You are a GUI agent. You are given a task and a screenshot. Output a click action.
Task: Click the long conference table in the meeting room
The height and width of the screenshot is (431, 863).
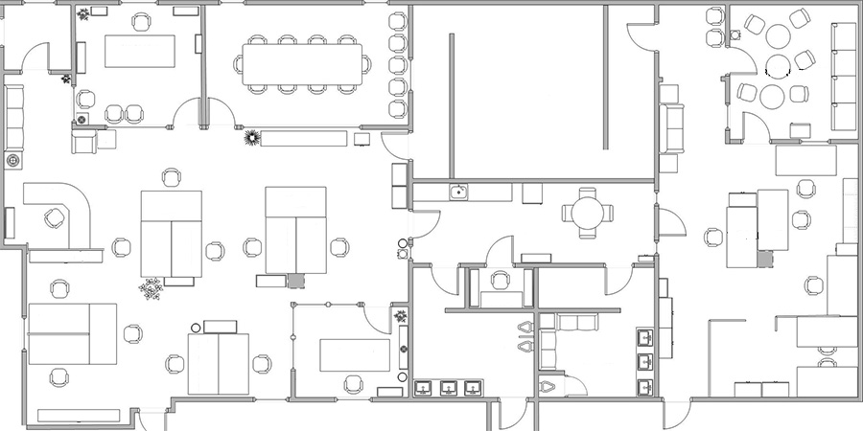point(301,64)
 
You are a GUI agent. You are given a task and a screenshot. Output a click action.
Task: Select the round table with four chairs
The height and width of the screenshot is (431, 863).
point(585,211)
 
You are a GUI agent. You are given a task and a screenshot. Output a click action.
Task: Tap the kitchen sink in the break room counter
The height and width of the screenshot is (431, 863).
point(459,193)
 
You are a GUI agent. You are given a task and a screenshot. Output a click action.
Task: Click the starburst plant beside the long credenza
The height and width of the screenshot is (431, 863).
point(252,138)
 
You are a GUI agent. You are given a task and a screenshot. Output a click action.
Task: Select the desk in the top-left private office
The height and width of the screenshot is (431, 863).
point(140,51)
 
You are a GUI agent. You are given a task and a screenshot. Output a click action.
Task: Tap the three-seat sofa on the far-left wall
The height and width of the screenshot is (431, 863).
point(14,115)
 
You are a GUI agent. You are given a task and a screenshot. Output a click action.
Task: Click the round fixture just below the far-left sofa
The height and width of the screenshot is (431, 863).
point(13,160)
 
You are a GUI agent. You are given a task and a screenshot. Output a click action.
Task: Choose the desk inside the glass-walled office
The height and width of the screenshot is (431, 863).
point(354,354)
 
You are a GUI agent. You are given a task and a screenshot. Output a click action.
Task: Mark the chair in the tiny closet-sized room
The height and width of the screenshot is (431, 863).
point(500,281)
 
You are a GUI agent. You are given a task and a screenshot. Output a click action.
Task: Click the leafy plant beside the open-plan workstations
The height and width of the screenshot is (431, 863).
point(151,287)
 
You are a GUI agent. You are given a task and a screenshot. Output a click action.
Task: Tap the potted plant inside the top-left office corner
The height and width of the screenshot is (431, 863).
point(84,14)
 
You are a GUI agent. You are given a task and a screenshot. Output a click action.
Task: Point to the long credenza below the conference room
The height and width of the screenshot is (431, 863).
point(304,138)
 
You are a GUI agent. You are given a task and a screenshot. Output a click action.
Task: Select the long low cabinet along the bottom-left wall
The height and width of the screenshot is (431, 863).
point(79,416)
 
